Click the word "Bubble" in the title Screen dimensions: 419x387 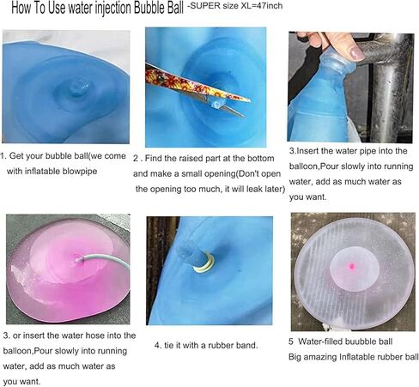[149, 9]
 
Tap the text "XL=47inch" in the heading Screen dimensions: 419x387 [262, 6]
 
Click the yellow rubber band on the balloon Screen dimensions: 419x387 [203, 263]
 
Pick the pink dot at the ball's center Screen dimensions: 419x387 [352, 267]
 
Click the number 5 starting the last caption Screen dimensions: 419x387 [291, 342]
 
